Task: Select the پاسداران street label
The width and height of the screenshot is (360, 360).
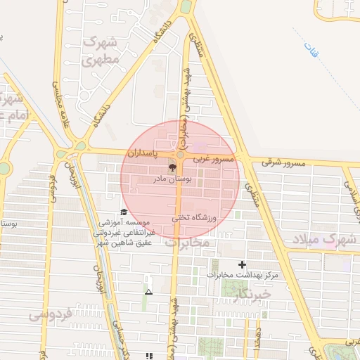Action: pos(143,152)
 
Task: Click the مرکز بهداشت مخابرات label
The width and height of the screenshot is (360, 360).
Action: pos(243,275)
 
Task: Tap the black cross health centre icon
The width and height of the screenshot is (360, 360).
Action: pos(243,264)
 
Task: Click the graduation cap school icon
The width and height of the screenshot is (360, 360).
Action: pos(124,212)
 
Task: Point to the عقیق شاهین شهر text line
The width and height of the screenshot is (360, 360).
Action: pos(123,243)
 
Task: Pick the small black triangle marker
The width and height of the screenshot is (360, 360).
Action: pos(148,291)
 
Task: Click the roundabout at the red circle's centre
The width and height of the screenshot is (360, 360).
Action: pos(180,154)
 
